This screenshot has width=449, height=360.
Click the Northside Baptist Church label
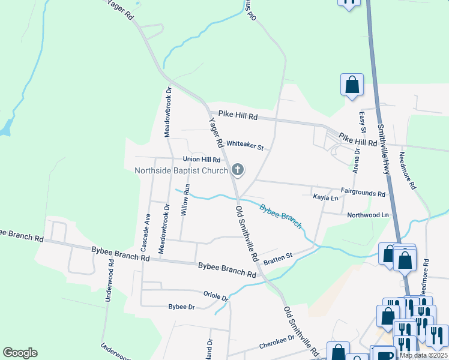pos(181,170)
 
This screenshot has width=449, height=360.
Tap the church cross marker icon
pos(238,170)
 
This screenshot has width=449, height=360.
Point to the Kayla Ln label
pos(325,197)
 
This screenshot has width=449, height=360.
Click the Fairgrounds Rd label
pos(363,193)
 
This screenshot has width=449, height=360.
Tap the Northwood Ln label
pos(368,215)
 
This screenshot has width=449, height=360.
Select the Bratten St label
pos(278,256)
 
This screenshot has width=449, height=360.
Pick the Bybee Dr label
pos(182,307)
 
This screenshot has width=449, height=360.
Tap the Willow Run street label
pos(186,199)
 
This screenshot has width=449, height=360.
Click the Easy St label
pos(362,122)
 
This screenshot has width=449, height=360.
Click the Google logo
pos(20,353)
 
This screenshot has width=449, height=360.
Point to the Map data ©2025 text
pos(423,355)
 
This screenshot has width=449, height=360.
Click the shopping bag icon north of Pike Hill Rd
pos(352,85)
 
